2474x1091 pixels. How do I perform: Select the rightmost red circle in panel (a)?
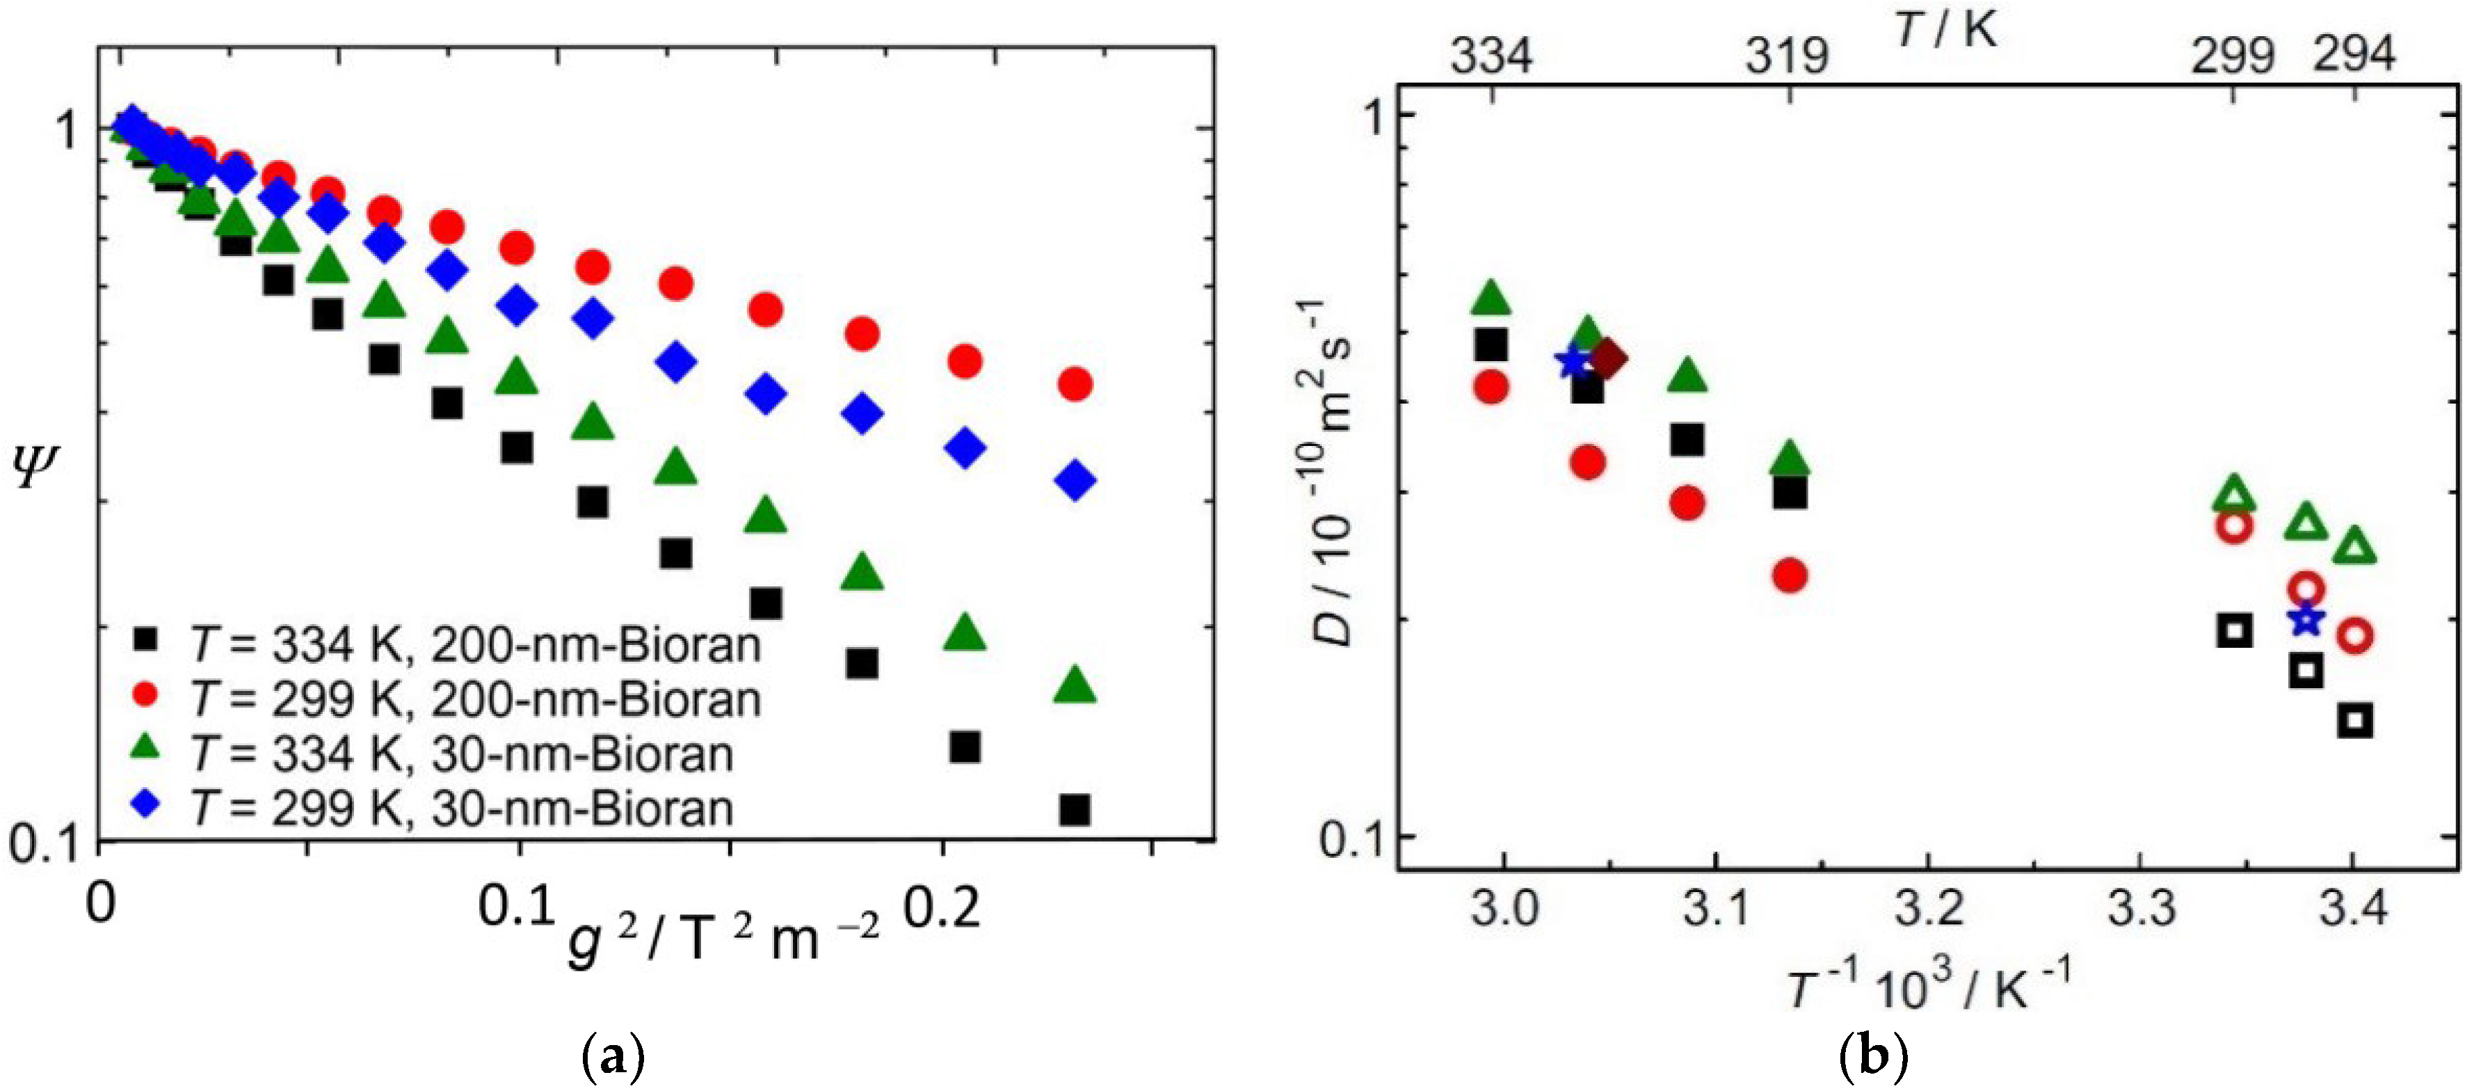(x=1075, y=384)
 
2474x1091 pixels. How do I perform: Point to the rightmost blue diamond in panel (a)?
(x=1075, y=480)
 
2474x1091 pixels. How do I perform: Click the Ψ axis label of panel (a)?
(x=36, y=468)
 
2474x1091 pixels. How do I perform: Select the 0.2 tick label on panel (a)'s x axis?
(x=942, y=907)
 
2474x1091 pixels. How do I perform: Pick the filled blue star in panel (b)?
(x=1572, y=361)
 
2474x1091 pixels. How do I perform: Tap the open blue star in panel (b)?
(x=2306, y=621)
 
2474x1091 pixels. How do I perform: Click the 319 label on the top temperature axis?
(x=1786, y=56)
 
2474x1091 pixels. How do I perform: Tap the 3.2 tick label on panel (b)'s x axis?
(x=1929, y=907)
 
